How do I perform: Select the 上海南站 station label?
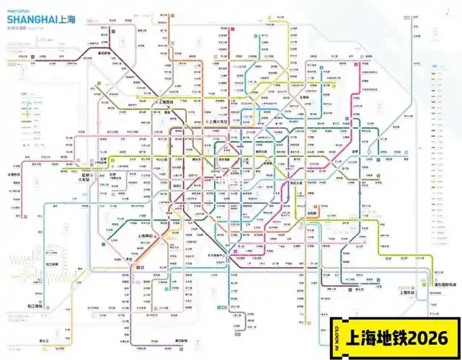pyautogui.click(x=148, y=236)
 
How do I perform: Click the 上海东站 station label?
pyautogui.click(x=407, y=292)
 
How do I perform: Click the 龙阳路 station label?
pyautogui.click(x=313, y=214)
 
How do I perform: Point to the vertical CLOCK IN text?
pyautogui.click(x=337, y=338)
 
